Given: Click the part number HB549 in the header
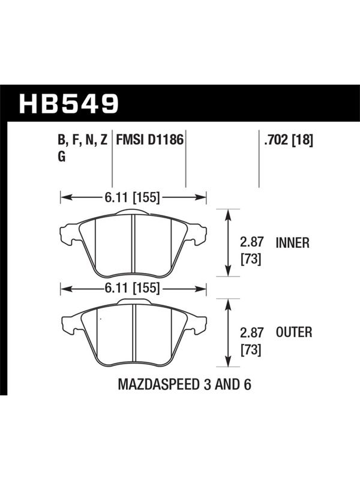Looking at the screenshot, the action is [x=68, y=103].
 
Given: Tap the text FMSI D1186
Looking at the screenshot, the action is [x=149, y=140].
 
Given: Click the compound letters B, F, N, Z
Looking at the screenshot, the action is [x=83, y=140].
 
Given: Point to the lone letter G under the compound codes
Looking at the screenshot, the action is [x=62, y=157].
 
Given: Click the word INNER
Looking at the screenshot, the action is [x=293, y=243].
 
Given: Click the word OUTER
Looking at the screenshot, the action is [x=294, y=332].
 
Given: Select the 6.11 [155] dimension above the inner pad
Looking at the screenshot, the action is [x=132, y=198].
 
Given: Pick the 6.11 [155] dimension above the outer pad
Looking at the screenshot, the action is [x=132, y=288].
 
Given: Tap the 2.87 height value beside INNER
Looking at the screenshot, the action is [x=251, y=242].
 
